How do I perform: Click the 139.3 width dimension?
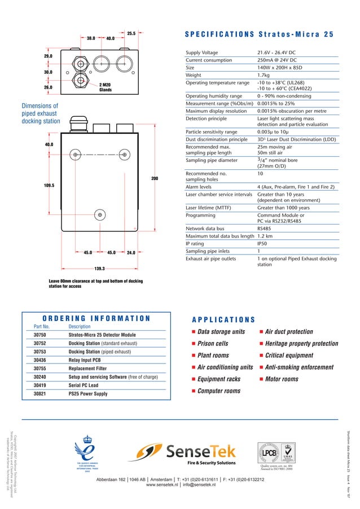(x=99, y=269)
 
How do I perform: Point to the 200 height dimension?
(x=155, y=179)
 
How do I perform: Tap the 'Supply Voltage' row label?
(x=201, y=52)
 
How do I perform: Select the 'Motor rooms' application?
(x=282, y=379)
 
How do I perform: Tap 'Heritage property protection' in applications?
(x=301, y=343)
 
